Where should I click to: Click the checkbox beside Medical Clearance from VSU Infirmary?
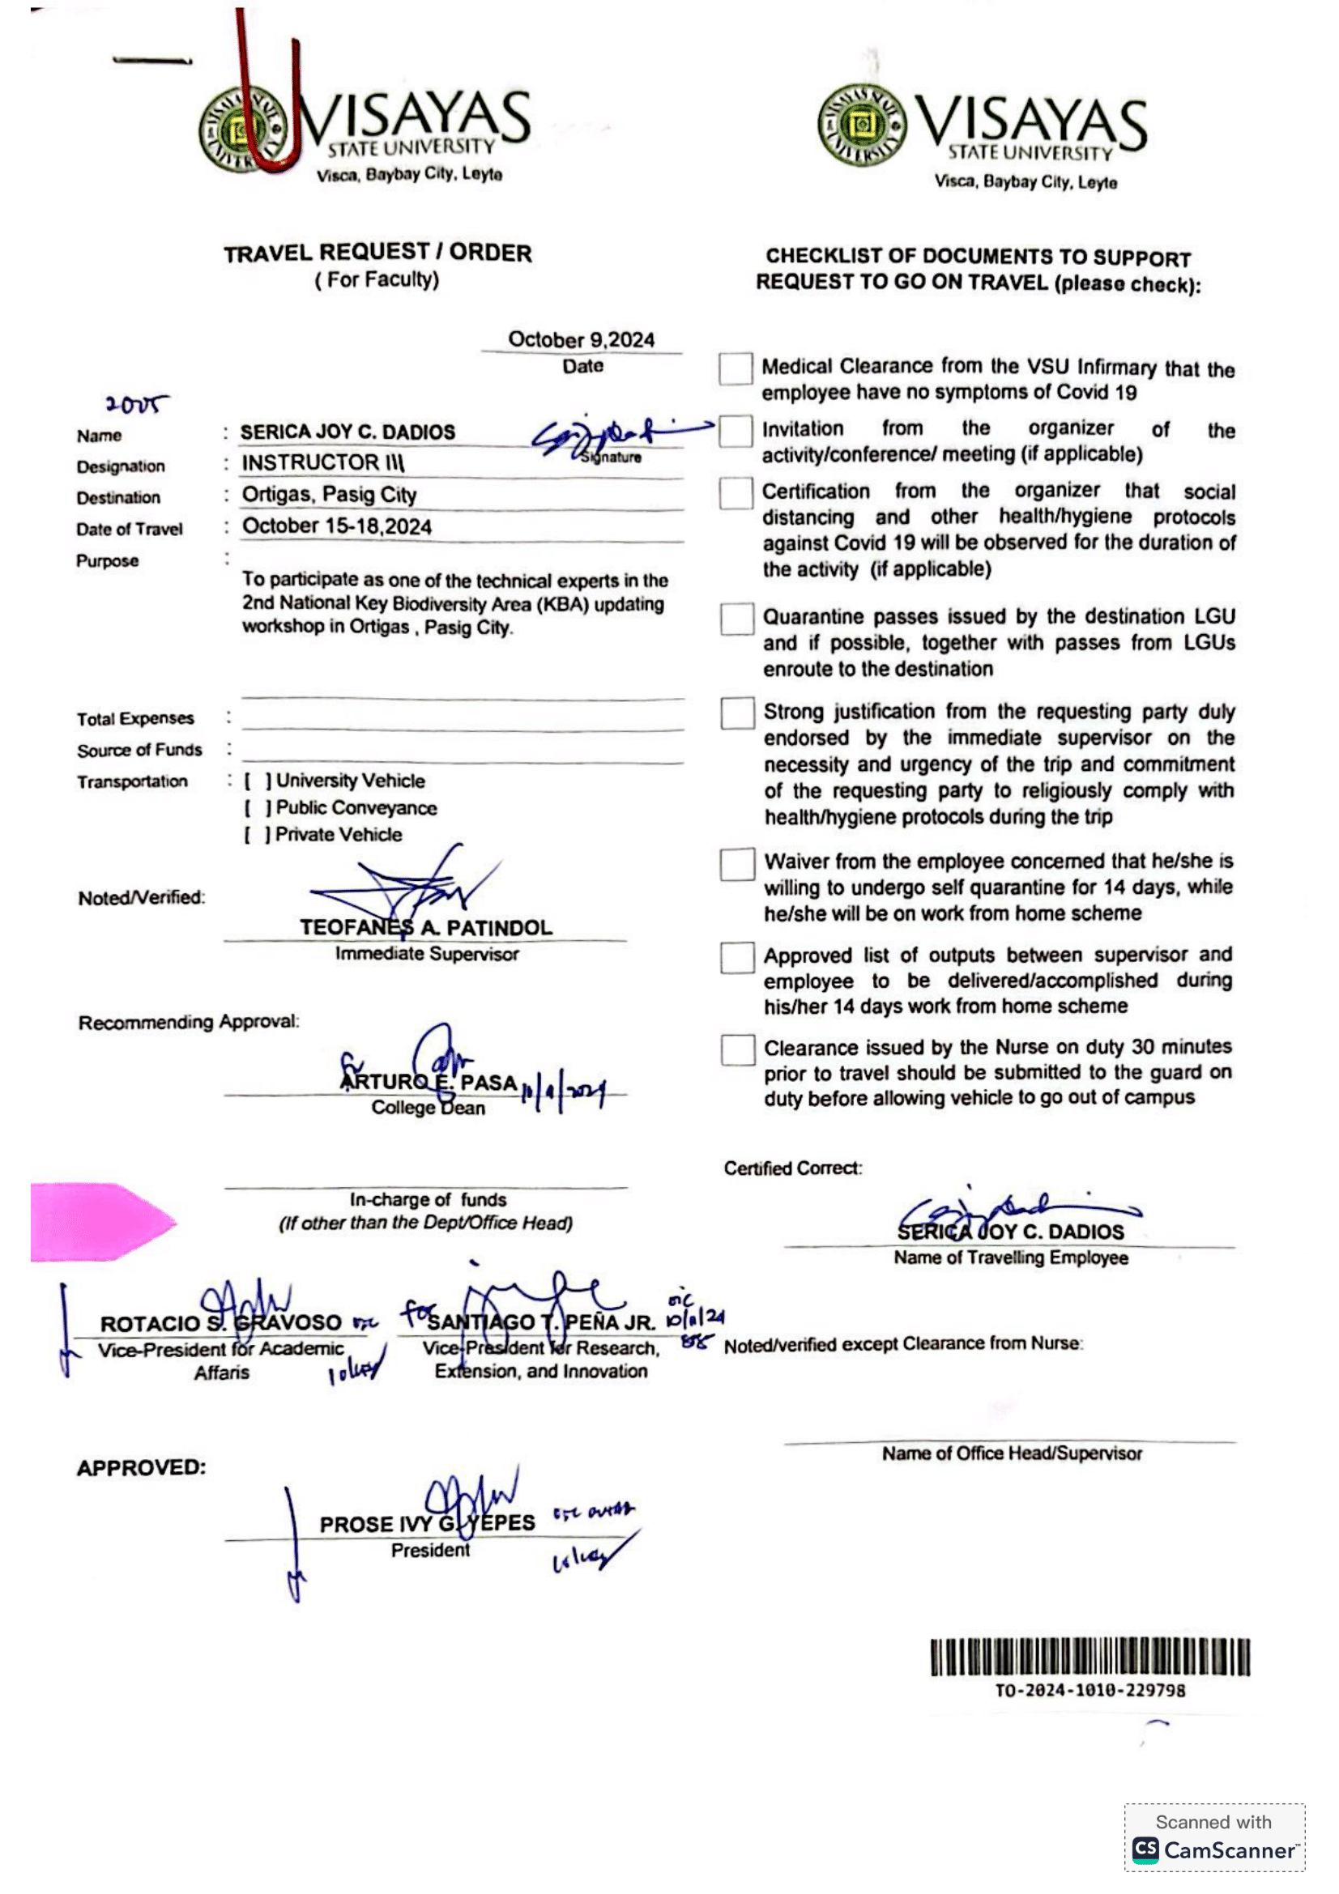pyautogui.click(x=734, y=368)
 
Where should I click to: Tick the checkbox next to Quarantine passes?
pyautogui.click(x=736, y=619)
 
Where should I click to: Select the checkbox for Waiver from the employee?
pyautogui.click(x=737, y=864)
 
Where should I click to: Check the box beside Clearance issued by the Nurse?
pyautogui.click(x=737, y=1050)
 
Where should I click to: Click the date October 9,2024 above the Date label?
pyautogui.click(x=581, y=340)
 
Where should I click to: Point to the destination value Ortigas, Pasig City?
pyautogui.click(x=328, y=494)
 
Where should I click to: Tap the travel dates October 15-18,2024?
pyautogui.click(x=337, y=526)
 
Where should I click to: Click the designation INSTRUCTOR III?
pyautogui.click(x=322, y=463)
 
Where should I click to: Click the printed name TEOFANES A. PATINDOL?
pyautogui.click(x=426, y=927)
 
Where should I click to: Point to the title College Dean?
pyautogui.click(x=428, y=1107)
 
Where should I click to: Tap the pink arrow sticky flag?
pyautogui.click(x=99, y=1221)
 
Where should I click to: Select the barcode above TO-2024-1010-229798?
pyautogui.click(x=1089, y=1658)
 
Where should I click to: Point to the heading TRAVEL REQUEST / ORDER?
pyautogui.click(x=377, y=253)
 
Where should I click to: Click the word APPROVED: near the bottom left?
pyautogui.click(x=141, y=1467)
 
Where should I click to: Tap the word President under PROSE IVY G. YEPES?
pyautogui.click(x=430, y=1550)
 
